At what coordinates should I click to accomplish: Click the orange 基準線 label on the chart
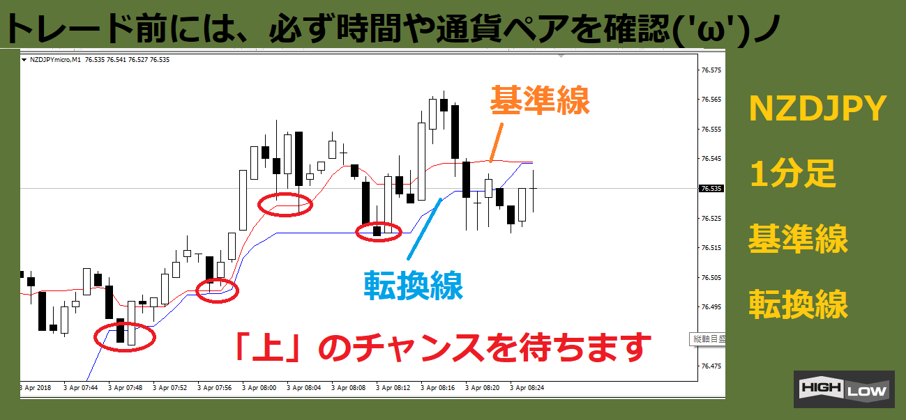[540, 100]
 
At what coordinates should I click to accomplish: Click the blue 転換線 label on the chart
[414, 286]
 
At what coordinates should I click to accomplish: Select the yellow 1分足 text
[793, 173]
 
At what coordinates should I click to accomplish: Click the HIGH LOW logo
[844, 389]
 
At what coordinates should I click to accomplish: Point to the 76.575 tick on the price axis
[711, 70]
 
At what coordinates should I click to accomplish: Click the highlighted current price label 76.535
[711, 189]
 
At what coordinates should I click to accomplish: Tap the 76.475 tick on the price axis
[711, 366]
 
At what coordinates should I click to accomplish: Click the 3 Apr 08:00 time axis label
[259, 388]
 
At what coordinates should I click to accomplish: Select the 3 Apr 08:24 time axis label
[527, 388]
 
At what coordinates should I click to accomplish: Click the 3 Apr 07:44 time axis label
[80, 388]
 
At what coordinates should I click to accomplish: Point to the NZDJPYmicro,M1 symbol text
[55, 60]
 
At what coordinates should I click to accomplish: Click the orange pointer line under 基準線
[497, 143]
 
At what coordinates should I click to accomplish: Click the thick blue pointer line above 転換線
[424, 228]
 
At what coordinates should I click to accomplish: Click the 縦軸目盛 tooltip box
[707, 339]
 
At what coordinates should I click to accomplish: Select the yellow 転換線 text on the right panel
[798, 304]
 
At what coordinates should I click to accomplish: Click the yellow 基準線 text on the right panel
[798, 239]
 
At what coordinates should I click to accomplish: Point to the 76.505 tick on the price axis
[711, 278]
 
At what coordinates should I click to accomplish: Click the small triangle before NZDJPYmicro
[24, 60]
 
